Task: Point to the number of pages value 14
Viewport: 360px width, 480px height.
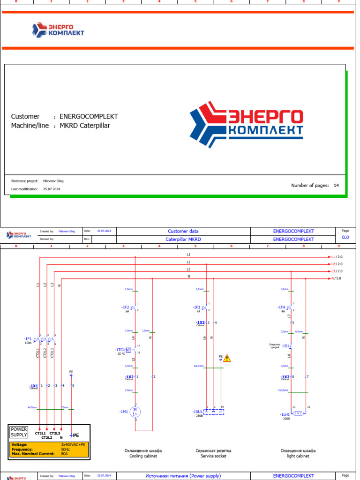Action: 336,186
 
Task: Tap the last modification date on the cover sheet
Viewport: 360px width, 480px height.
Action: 52,189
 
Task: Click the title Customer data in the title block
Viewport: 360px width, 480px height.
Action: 183,231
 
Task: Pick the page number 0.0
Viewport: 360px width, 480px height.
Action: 345,238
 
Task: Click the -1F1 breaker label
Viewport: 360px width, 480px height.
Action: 28,338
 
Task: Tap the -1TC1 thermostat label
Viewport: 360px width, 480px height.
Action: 120,350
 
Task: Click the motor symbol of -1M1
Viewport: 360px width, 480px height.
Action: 135,412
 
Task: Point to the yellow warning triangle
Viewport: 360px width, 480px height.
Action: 227,359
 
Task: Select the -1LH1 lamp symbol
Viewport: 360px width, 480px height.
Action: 298,413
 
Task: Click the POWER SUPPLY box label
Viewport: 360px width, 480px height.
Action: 19,432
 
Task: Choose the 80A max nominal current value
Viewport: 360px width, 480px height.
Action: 64,454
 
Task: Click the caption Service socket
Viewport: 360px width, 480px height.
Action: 213,456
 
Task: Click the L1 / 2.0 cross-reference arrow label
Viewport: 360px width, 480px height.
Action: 337,257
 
